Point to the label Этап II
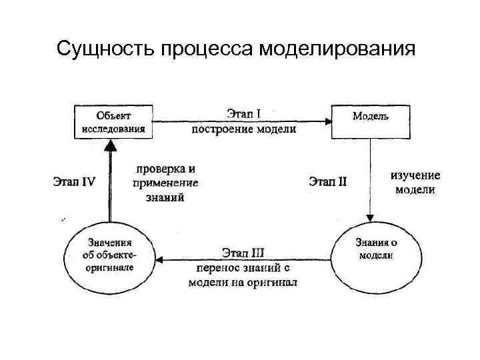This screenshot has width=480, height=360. click(328, 181)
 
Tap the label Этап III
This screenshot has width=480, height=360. click(243, 253)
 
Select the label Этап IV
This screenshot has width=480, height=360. click(74, 181)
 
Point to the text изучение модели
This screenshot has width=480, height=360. click(415, 183)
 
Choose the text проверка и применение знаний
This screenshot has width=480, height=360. click(165, 183)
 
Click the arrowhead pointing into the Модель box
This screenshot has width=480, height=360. click(328, 121)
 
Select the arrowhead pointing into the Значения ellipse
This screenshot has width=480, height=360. click(160, 259)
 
